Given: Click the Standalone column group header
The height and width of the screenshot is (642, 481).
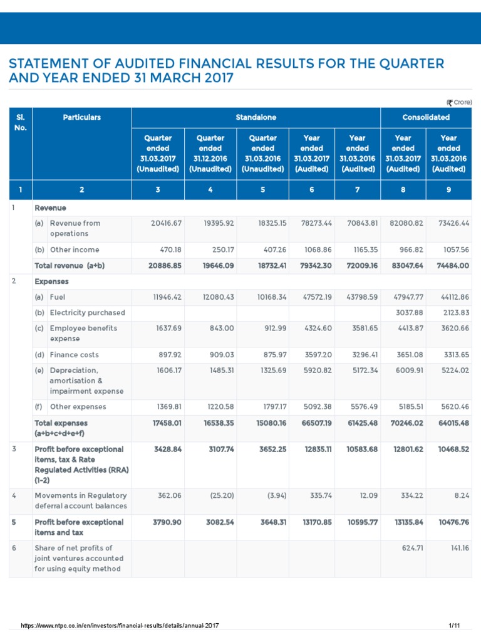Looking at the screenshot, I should (256, 117).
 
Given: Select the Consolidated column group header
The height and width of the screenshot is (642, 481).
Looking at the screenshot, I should (426, 117).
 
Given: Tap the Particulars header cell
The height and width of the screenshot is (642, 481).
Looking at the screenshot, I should (81, 117).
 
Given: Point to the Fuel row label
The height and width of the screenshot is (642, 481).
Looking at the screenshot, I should (58, 297).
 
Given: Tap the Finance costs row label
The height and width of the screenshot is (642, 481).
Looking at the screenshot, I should (75, 355).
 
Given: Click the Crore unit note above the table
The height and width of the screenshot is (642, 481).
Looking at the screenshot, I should (459, 102).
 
